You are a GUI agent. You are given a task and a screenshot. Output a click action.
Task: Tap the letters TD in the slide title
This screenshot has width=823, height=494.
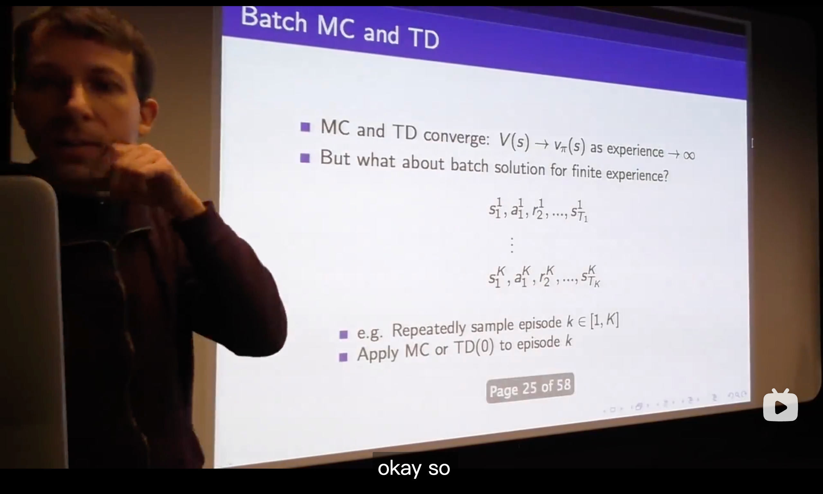424,38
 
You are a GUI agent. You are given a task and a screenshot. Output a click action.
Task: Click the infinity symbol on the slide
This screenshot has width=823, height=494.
689,155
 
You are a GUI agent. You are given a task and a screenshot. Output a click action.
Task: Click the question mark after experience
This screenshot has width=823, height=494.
665,175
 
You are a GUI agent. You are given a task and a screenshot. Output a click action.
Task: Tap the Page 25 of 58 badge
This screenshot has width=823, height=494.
530,388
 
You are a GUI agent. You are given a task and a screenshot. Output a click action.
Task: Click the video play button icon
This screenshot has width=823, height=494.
780,405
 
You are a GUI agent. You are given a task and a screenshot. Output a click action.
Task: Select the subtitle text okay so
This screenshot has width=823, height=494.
414,468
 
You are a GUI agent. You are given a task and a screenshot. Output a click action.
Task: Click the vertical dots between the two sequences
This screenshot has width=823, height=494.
512,245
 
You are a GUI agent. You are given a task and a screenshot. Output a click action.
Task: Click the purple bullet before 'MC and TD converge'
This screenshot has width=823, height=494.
305,127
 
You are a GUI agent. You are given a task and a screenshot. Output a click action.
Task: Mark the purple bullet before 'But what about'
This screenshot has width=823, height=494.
305,158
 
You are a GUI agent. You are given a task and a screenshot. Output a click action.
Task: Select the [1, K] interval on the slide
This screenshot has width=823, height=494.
604,321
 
